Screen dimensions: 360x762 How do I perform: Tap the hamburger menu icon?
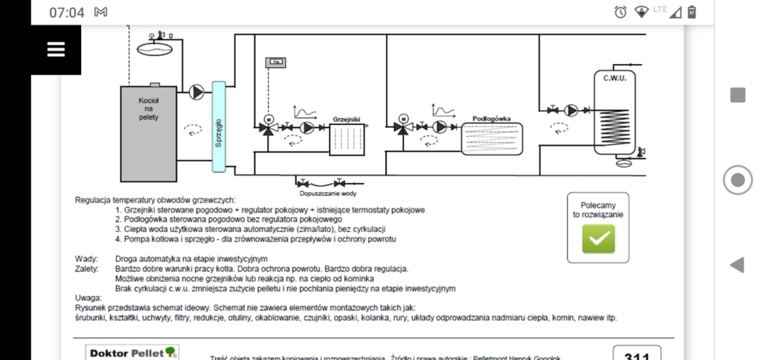point(56,49)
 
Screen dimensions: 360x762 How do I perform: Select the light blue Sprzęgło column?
point(218,127)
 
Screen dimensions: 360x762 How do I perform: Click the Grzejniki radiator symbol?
point(346,139)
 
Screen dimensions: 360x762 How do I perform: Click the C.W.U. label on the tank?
point(615,78)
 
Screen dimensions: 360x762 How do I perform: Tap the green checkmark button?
point(598,238)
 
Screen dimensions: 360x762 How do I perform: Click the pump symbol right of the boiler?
point(196,92)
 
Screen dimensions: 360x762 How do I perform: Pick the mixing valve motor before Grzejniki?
point(268,118)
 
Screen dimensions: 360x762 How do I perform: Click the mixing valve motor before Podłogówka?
point(403,118)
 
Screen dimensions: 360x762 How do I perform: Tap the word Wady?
point(86,258)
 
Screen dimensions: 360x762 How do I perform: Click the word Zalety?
point(88,269)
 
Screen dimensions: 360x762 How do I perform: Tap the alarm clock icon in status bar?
point(620,12)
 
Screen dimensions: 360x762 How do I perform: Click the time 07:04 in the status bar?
point(67,13)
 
